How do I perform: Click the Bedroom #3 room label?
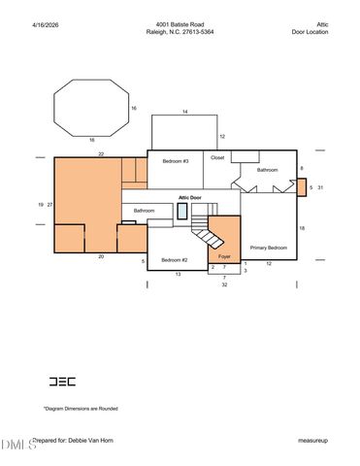(x=175, y=160)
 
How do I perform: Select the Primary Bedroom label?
(x=268, y=248)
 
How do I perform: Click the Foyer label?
(x=224, y=259)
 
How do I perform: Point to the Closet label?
(x=217, y=157)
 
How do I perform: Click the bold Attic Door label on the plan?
(x=189, y=197)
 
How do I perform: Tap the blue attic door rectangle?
(x=182, y=211)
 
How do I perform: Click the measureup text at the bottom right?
(x=312, y=441)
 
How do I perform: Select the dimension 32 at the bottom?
(x=224, y=286)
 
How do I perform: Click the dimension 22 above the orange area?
(x=100, y=153)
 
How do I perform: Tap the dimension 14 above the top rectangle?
(x=184, y=113)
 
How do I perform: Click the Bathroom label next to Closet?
(x=267, y=170)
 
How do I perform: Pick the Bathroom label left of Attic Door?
(x=145, y=211)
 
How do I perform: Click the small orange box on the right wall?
(x=302, y=187)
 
